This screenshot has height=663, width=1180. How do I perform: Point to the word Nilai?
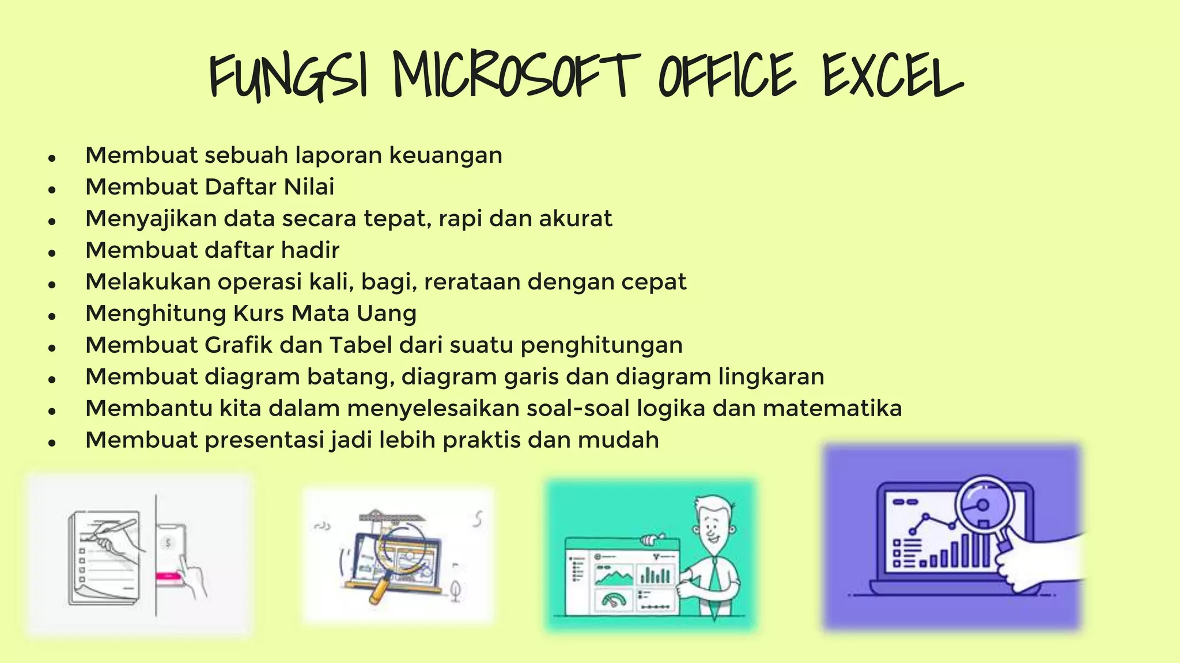pos(309,187)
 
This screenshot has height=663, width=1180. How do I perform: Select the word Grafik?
pos(239,345)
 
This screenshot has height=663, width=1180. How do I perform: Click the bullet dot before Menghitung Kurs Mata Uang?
pos(52,316)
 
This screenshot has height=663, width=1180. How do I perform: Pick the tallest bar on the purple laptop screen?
pos(984,544)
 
